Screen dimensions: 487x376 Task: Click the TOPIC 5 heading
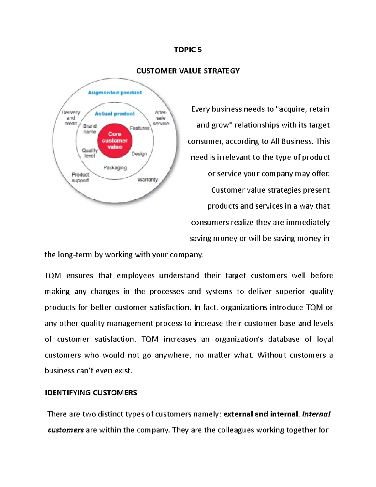pos(188,50)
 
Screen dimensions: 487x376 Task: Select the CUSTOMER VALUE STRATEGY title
pos(188,71)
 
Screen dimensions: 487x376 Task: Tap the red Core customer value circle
pos(115,140)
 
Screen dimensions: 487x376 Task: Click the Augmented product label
pos(115,93)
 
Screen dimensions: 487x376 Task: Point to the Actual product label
pos(115,114)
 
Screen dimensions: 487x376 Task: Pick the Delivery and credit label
pos(71,118)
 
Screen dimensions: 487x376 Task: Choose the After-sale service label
pos(161,118)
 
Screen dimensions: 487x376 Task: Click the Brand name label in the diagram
pos(90,129)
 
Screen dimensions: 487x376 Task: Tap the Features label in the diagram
pos(139,128)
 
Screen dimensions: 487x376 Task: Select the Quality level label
pos(90,153)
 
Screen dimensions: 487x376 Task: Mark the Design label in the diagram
pos(139,154)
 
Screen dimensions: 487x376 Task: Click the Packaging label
pos(115,168)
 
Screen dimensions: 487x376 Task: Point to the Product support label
pos(80,177)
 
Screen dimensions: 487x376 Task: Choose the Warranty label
pos(148,180)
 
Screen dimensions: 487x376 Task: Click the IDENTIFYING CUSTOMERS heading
pos(91,393)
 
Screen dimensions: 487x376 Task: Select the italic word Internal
pos(316,414)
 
